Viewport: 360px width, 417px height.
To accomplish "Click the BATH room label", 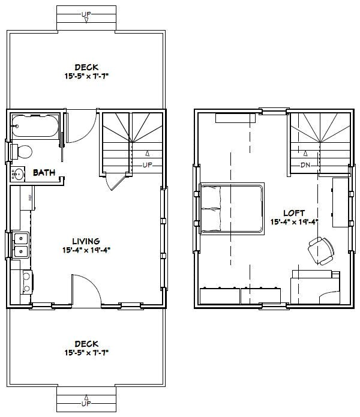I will [44, 173].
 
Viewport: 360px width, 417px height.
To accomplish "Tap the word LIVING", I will [87, 241].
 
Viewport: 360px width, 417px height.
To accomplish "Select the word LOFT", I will [295, 212].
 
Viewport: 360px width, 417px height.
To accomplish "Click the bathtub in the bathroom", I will [35, 127].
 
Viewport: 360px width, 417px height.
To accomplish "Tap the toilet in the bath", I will [24, 151].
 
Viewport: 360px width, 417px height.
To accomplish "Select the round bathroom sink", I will [18, 175].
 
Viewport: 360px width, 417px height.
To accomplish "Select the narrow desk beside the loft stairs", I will [340, 202].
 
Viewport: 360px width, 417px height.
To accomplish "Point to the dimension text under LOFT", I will [295, 222].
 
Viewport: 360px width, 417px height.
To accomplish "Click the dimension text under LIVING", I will [87, 250].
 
